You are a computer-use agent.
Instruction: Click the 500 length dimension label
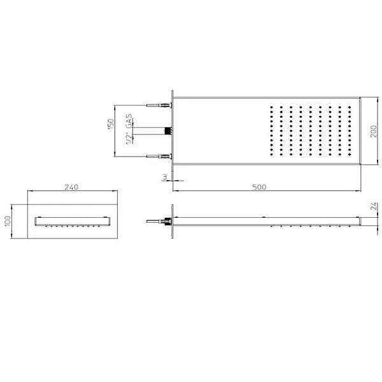[259, 187]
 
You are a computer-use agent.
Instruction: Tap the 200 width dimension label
[374, 131]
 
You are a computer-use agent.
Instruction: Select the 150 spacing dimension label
[111, 124]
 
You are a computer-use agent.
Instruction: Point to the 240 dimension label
[71, 187]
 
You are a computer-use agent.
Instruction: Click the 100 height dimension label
[8, 221]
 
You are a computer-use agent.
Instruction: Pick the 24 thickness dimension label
[374, 206]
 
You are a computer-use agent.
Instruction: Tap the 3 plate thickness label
[165, 177]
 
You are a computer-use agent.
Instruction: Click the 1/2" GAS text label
[129, 129]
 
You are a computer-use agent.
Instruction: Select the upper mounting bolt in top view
[160, 106]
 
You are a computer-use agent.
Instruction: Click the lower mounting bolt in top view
[160, 157]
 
